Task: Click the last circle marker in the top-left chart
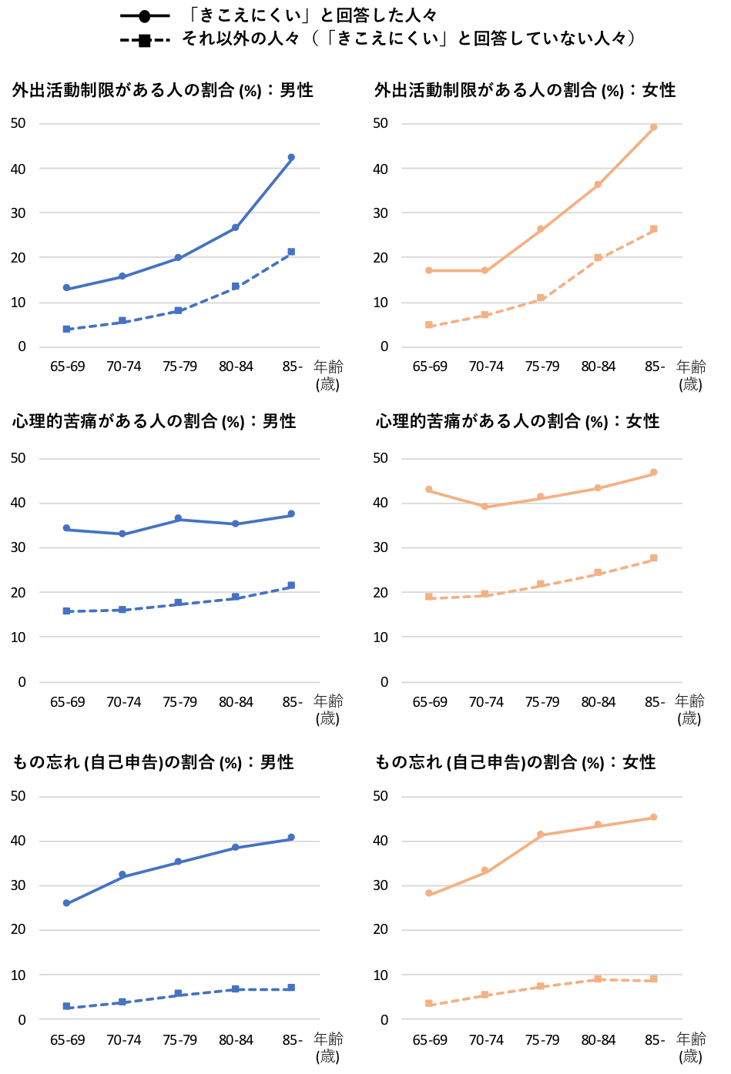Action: coord(291,157)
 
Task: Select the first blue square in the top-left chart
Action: coord(66,329)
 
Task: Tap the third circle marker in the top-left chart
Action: coord(178,257)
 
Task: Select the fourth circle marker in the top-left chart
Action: coord(235,227)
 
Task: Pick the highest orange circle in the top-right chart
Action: coord(654,127)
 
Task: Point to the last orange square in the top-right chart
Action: coord(654,229)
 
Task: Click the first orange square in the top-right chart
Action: coord(429,325)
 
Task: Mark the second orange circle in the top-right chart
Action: coord(485,270)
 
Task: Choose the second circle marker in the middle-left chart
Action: coord(122,534)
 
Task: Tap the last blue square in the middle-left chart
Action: coord(291,585)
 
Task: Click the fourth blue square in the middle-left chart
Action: coord(235,597)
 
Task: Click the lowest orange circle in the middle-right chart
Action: coord(485,506)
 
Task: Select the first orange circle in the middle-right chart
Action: coord(429,489)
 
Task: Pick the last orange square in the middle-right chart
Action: coord(654,558)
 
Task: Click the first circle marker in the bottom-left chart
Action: coord(66,903)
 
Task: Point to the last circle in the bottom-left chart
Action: coord(291,837)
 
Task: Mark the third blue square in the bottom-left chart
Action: coord(178,993)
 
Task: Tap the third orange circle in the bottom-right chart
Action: coord(541,834)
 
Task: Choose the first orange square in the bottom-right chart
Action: coord(429,1003)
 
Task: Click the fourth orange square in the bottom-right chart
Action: coord(598,979)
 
